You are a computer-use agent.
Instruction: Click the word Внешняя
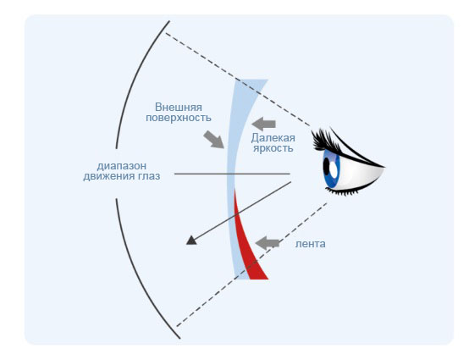[x=179, y=107]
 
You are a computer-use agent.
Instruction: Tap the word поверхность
[x=179, y=118]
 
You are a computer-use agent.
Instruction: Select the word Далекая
[x=273, y=138]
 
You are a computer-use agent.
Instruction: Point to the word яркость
[x=273, y=148]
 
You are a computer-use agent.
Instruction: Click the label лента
[x=310, y=244]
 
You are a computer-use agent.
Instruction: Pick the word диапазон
[x=122, y=166]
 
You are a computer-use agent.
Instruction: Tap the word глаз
[x=149, y=176]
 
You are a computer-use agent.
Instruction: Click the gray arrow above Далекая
[x=263, y=124]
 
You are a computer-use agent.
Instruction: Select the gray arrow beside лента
[x=268, y=243]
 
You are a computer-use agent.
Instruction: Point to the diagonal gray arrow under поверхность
[x=213, y=139]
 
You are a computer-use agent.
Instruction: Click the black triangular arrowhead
[x=191, y=241]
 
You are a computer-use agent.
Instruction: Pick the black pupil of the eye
[x=326, y=167]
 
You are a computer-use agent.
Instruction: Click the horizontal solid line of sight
[x=232, y=174]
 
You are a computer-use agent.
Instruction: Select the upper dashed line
[x=238, y=79]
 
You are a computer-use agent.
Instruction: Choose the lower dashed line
[x=251, y=264]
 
